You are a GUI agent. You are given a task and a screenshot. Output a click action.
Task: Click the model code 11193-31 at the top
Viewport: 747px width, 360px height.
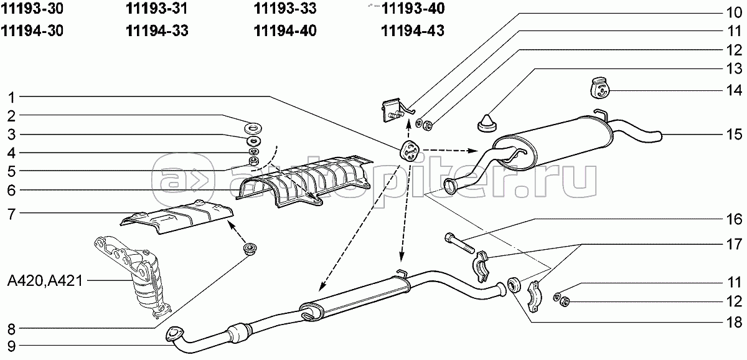[156, 9]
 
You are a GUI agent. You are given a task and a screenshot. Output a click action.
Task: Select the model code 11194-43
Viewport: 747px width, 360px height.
[413, 31]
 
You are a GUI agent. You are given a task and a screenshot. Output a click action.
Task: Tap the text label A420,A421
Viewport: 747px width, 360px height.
[45, 281]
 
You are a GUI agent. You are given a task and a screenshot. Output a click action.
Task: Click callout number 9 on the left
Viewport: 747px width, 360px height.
[11, 346]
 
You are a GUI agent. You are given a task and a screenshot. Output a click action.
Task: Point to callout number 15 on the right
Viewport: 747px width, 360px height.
[734, 135]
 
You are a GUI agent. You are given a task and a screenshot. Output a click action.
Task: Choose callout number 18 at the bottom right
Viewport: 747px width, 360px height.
[734, 322]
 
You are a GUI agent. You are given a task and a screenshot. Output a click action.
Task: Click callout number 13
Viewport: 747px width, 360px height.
[734, 69]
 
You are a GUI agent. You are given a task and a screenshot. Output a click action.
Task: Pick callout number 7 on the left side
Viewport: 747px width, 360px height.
[11, 214]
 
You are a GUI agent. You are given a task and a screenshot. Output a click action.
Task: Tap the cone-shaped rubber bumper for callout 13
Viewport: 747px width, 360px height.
[487, 123]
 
